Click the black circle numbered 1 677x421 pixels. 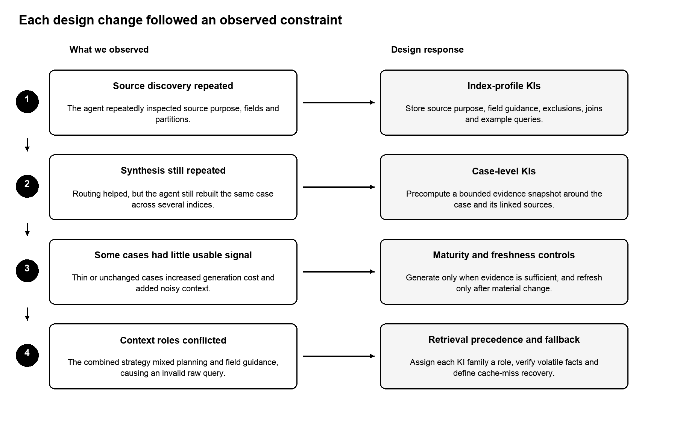(x=27, y=101)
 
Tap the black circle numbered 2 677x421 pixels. (x=27, y=186)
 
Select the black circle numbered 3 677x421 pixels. (x=27, y=271)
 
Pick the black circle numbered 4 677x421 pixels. (x=27, y=355)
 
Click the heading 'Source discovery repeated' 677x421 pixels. (x=173, y=86)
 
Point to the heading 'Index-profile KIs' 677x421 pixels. (x=504, y=86)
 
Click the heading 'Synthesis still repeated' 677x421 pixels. (x=173, y=171)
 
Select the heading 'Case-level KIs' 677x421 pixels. (x=504, y=171)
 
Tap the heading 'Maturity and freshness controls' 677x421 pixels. (x=504, y=255)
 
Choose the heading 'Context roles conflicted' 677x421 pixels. (x=173, y=340)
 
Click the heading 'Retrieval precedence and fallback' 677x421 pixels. (x=504, y=340)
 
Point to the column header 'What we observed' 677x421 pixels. (x=109, y=50)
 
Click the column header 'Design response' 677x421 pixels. (x=427, y=50)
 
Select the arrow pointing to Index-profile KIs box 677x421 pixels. (x=338, y=102)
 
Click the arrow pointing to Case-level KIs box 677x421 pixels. (x=338, y=187)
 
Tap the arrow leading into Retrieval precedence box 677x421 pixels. (x=338, y=356)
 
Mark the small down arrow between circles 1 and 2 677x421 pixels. (x=27, y=145)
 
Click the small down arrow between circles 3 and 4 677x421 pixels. (x=27, y=314)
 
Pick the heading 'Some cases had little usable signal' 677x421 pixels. (x=173, y=255)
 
